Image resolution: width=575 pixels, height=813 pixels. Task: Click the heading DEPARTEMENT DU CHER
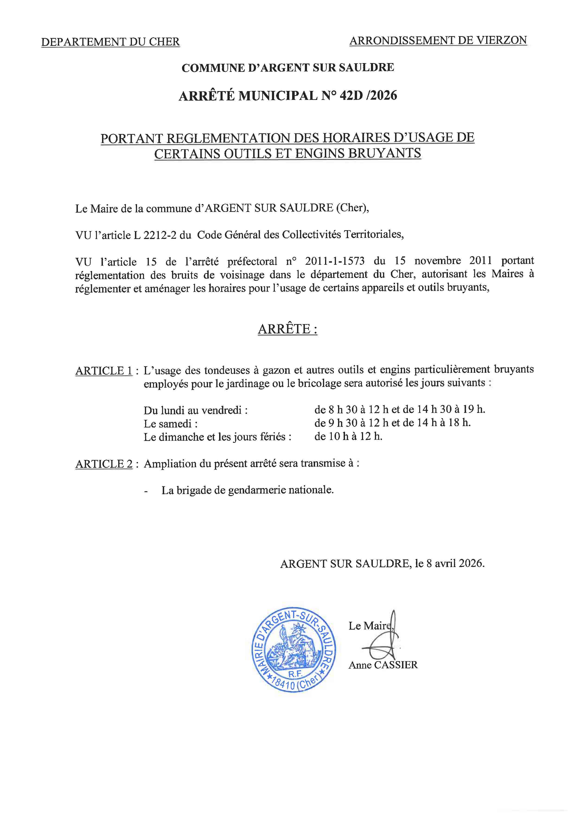tap(110, 42)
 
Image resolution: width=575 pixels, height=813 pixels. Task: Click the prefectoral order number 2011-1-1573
tap(335, 261)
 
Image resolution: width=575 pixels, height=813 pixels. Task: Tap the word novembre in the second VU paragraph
tap(438, 261)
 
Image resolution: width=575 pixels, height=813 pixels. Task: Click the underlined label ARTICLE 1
tap(104, 371)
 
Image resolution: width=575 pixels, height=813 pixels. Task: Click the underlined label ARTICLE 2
tap(104, 464)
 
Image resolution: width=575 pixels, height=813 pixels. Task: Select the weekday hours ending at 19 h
tap(399, 409)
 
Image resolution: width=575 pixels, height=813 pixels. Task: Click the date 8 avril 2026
tap(455, 563)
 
